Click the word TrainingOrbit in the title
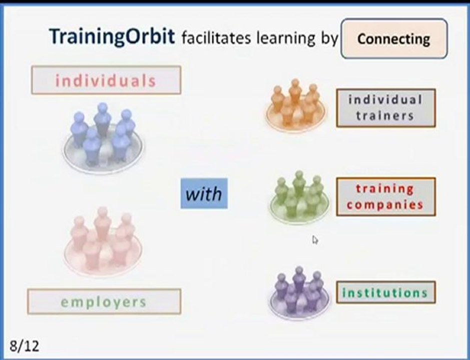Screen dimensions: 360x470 point(112,37)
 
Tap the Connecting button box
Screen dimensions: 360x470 point(393,39)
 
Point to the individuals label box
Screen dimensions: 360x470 point(106,80)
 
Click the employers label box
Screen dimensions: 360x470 point(104,301)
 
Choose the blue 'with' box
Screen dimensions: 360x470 point(204,193)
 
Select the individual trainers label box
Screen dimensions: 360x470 point(385,107)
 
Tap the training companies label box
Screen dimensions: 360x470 point(385,196)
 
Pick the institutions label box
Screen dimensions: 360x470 point(385,292)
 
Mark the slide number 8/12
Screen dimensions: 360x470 point(24,345)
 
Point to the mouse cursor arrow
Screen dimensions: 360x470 point(315,240)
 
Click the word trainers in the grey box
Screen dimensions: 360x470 point(385,116)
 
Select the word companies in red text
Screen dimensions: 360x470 point(385,204)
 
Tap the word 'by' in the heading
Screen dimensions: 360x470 point(329,38)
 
